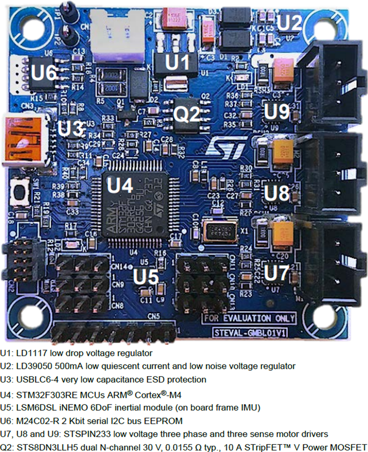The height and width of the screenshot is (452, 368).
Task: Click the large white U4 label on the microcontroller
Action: pos(120,186)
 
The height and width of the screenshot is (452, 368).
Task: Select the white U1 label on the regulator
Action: pos(177,62)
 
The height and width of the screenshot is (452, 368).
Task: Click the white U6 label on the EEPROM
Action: pos(44,73)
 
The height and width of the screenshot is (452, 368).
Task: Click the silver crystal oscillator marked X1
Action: pos(219,230)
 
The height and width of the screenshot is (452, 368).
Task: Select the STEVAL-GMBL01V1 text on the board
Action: pos(253,333)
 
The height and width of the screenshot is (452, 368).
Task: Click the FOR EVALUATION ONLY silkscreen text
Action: pos(249,318)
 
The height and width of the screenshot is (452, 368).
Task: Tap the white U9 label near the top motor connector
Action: pos(276,111)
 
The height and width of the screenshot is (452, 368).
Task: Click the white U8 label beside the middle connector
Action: pos(276,193)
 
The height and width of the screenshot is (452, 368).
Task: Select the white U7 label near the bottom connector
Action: pos(276,273)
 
